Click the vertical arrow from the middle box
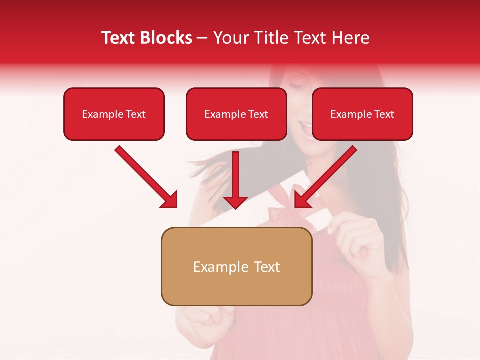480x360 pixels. pyautogui.click(x=235, y=180)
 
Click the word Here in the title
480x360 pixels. pyautogui.click(x=351, y=38)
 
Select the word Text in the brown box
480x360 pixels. pyautogui.click(x=267, y=267)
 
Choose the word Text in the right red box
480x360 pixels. pyautogui.click(x=384, y=114)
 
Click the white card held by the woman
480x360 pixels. pyautogui.click(x=318, y=220)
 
